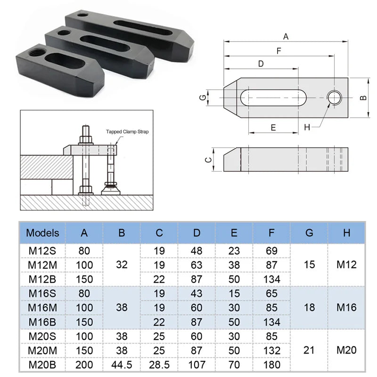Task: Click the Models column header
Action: click(x=42, y=232)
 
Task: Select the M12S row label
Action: click(x=42, y=251)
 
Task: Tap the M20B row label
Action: click(x=42, y=365)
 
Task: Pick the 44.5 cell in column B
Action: click(x=122, y=365)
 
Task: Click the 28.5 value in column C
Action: click(x=159, y=365)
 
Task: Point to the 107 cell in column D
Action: click(x=197, y=365)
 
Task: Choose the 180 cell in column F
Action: click(x=271, y=365)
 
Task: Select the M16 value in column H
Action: click(x=346, y=308)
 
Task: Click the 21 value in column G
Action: click(x=309, y=350)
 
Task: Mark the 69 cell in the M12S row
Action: click(x=271, y=251)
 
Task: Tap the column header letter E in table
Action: click(x=234, y=232)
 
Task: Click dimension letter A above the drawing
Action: click(x=286, y=36)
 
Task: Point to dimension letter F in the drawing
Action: click(x=279, y=50)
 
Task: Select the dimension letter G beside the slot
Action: click(x=202, y=98)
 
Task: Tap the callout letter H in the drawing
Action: click(x=307, y=127)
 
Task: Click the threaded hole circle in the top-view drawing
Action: click(x=335, y=98)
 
